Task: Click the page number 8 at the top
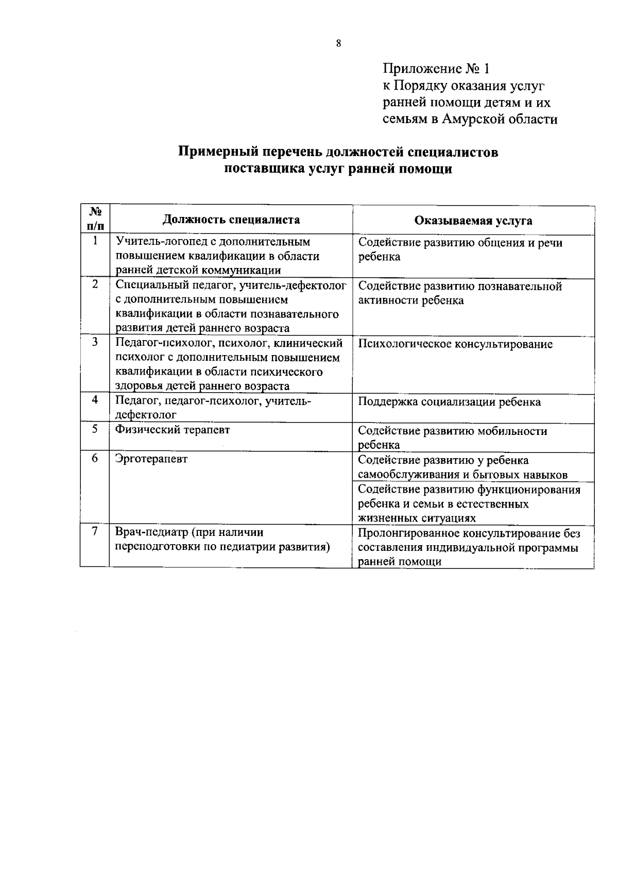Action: pos(338,44)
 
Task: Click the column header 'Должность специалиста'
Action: pos(231,220)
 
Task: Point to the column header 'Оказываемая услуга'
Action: pos(473,221)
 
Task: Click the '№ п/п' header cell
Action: pos(96,218)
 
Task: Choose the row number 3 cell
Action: pos(95,343)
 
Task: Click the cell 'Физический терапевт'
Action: pos(173,430)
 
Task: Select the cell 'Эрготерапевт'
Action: pos(152,459)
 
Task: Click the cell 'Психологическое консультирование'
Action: pos(455,344)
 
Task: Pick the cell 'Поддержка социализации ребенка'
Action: pos(449,402)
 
